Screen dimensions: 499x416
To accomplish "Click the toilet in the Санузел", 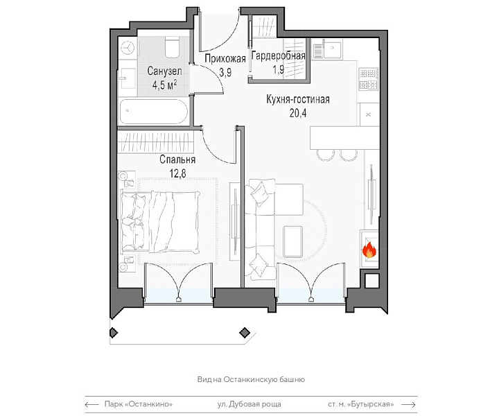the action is (x=172, y=46).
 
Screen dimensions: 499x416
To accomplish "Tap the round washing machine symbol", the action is (x=128, y=48).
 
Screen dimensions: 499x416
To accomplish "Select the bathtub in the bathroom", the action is (x=154, y=112).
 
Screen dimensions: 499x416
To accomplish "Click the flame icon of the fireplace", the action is (x=369, y=250).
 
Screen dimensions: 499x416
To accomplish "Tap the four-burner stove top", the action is (x=369, y=79).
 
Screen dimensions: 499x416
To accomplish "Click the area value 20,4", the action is (x=298, y=113).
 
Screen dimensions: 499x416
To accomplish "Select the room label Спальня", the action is (x=177, y=159).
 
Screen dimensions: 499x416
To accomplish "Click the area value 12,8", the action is (x=177, y=174).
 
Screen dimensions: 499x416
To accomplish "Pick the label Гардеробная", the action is (x=279, y=56).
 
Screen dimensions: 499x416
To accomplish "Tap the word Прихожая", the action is (x=225, y=58).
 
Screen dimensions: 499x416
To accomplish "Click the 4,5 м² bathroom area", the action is (x=164, y=85).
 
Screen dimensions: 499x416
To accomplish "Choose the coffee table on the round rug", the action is (x=292, y=241).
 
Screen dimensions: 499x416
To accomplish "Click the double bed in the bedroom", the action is (x=160, y=222).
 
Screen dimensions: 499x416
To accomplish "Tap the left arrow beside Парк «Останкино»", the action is (x=92, y=404).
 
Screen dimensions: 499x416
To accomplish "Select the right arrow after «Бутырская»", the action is (x=409, y=404).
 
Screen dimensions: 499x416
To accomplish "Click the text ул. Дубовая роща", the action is (x=249, y=404).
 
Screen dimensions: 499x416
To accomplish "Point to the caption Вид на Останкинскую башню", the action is (x=251, y=379).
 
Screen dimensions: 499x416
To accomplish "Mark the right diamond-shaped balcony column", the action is (x=245, y=333).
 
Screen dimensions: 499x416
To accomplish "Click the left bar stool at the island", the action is (x=326, y=155).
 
